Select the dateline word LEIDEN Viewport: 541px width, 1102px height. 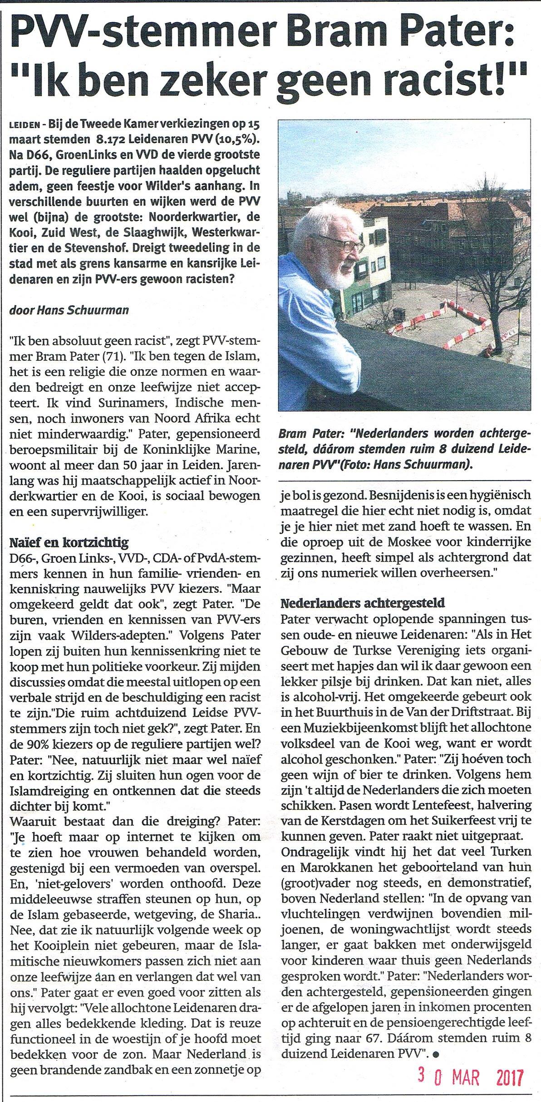(x=22, y=125)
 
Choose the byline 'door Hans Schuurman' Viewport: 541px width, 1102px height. (x=69, y=310)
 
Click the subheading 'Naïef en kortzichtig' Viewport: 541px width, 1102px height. (x=69, y=542)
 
